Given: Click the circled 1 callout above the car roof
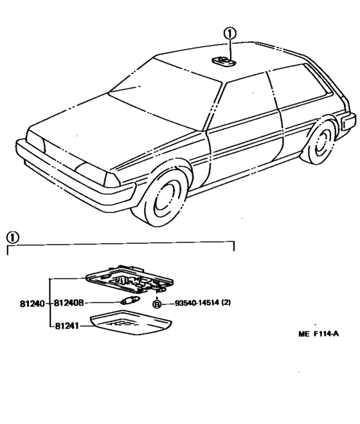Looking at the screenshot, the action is click(x=230, y=34).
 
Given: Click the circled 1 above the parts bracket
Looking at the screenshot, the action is click(x=13, y=237).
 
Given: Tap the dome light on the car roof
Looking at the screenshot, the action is click(x=224, y=61).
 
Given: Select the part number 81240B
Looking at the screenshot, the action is click(x=69, y=303).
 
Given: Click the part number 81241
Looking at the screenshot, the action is click(x=67, y=326).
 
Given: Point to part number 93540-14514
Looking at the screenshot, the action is click(x=197, y=302).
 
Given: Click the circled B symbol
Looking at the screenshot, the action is click(x=157, y=304).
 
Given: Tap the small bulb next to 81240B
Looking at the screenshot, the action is click(x=130, y=301).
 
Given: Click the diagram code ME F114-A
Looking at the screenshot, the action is click(x=319, y=334).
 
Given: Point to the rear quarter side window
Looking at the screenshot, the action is click(x=299, y=85).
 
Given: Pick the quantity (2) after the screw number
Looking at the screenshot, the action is click(x=226, y=302).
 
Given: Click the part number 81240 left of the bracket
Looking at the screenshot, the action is click(x=32, y=304).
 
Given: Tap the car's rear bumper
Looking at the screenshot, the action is click(x=348, y=120).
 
